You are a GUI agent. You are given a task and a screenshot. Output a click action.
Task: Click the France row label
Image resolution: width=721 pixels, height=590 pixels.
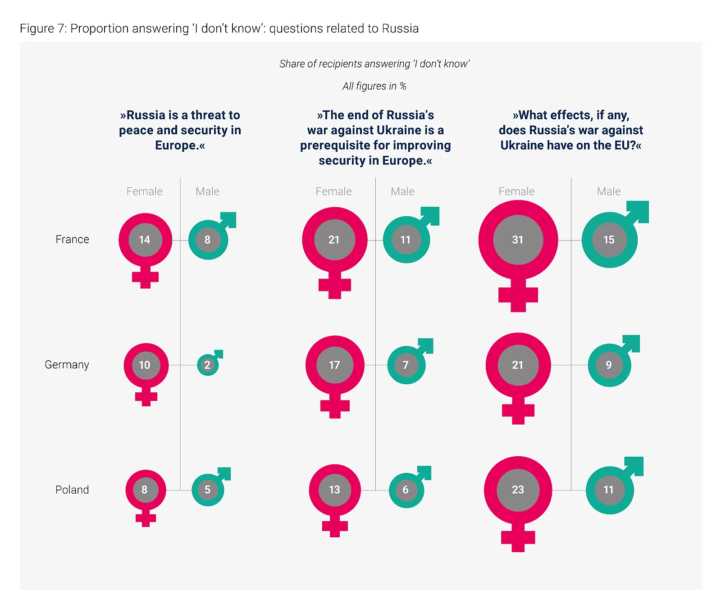(72, 240)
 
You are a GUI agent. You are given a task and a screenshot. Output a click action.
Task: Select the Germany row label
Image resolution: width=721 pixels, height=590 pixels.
(67, 365)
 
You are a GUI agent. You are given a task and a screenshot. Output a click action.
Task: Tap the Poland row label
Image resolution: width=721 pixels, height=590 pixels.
(72, 490)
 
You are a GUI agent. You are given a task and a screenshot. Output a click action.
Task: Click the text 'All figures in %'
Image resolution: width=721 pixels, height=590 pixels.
(374, 86)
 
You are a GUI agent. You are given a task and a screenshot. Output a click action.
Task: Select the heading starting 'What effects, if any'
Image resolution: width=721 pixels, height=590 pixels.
(570, 130)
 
